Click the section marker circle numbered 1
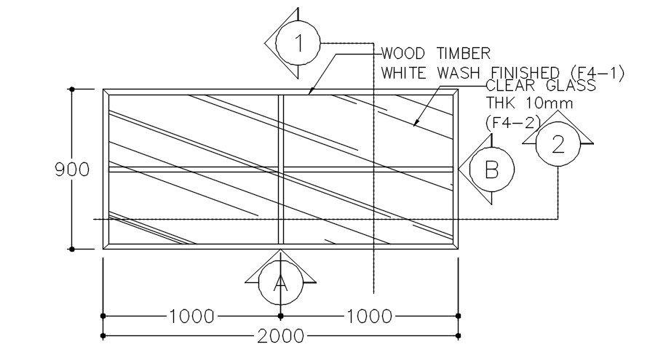[x=298, y=43]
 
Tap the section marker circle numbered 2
[x=558, y=144]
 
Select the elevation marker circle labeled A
[x=281, y=283]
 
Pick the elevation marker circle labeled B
[x=492, y=169]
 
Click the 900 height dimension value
[x=72, y=169]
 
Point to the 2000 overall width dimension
[x=281, y=336]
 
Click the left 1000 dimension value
[x=191, y=316]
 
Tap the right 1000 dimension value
[x=369, y=316]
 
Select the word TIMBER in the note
[x=464, y=53]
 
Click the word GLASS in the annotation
[x=571, y=85]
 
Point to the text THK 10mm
[x=529, y=103]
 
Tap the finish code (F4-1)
[x=598, y=73]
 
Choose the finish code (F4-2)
[x=513, y=122]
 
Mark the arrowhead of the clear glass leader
[x=415, y=124]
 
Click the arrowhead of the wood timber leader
[x=309, y=93]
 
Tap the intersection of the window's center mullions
[x=281, y=169]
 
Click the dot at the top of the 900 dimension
[x=72, y=89]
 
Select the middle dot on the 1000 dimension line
[x=281, y=316]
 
